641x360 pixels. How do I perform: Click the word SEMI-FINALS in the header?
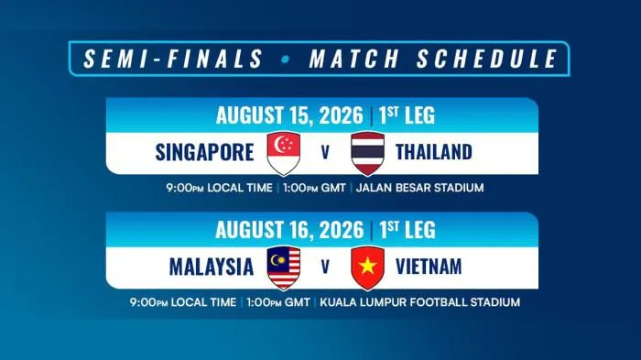tap(173, 58)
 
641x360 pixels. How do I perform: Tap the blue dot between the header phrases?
tap(286, 59)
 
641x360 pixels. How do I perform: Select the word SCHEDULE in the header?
tap(487, 58)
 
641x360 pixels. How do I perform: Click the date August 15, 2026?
tap(289, 115)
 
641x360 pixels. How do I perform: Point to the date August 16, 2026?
tap(289, 230)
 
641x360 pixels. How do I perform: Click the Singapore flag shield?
tap(283, 153)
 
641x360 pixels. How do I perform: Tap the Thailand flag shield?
tap(367, 153)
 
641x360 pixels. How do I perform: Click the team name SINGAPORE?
tap(204, 152)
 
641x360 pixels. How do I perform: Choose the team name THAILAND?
tap(434, 152)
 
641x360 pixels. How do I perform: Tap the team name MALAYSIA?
tap(212, 267)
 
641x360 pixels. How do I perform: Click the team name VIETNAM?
tap(429, 267)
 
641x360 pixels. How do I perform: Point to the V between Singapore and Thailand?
tap(325, 153)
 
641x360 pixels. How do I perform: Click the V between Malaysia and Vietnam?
tap(325, 267)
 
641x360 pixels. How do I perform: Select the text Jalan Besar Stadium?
tap(419, 188)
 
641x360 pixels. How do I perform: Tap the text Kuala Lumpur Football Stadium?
tap(419, 302)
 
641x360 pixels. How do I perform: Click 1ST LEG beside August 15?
tap(407, 115)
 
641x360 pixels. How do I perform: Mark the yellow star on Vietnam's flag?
tap(367, 266)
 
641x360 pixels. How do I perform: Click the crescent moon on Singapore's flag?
tap(277, 144)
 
